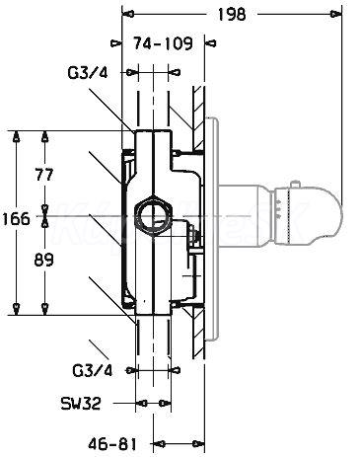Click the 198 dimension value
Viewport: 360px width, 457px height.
click(x=232, y=14)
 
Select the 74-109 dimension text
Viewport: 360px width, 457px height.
click(x=163, y=43)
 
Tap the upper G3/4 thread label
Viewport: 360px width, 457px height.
click(x=88, y=73)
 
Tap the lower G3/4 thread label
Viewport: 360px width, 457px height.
click(x=92, y=371)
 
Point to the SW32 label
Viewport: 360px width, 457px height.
click(x=81, y=403)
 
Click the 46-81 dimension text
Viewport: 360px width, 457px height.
click(x=111, y=445)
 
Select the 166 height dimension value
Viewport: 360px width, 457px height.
click(x=16, y=218)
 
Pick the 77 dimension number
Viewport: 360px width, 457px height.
click(x=43, y=174)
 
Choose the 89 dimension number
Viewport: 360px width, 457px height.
click(x=43, y=261)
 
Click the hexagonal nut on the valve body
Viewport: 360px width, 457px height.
click(x=153, y=216)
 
